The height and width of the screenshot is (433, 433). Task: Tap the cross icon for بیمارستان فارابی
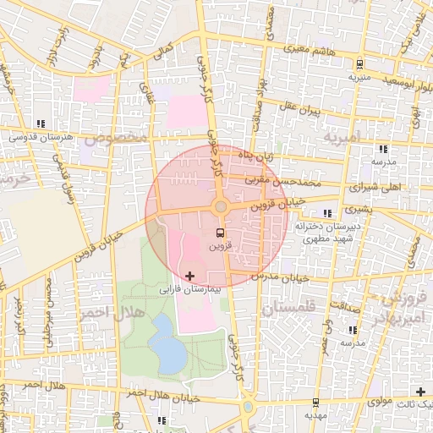(189, 276)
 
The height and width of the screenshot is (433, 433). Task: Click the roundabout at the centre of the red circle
(221, 206)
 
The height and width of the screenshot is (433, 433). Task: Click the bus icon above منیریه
(359, 63)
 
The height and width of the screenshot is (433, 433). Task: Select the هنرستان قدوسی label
(41, 137)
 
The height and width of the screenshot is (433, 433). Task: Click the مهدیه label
(315, 416)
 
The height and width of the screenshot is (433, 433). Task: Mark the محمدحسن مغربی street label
(284, 181)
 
